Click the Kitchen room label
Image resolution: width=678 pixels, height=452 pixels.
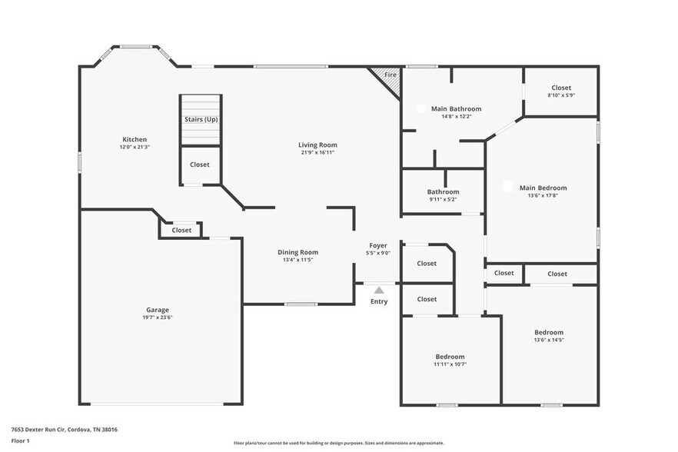pos(134,139)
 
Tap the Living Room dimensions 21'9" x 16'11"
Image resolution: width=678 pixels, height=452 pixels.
pos(317,152)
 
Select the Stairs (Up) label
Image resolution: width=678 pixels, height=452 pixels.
pos(201,119)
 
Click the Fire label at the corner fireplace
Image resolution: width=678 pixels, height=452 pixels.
pos(390,75)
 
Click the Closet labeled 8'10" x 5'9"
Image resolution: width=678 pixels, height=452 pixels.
pos(560,88)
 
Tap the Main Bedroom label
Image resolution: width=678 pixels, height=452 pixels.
pos(543,188)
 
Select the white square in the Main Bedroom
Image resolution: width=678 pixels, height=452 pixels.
pos(507,185)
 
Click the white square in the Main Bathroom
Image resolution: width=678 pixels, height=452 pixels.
pos(420,108)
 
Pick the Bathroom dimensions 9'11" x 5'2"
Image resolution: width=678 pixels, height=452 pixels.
pos(443,199)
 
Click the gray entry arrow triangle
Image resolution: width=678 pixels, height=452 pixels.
pos(378,290)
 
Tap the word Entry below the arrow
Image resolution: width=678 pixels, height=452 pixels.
pos(379,301)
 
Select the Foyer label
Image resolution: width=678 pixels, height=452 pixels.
pos(378,245)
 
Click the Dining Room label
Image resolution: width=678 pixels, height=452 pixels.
pos(297,252)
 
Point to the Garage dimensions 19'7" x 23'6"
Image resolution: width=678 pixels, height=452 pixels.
pos(158,317)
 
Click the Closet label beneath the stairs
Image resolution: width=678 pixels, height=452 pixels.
pos(200,165)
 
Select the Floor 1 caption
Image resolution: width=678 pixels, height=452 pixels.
pos(20,441)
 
